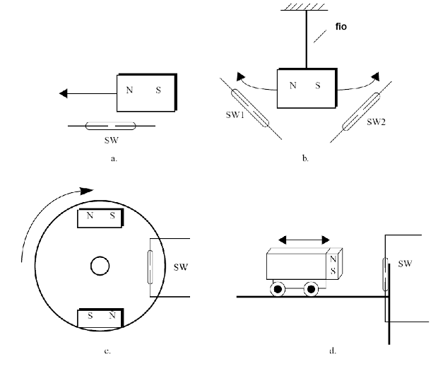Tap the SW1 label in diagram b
click(x=225, y=116)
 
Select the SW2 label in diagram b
click(x=377, y=122)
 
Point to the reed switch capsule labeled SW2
click(x=360, y=111)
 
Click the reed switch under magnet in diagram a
click(x=112, y=126)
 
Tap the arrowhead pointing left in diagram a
click(x=64, y=93)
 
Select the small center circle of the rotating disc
click(x=100, y=267)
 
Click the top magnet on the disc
click(x=100, y=218)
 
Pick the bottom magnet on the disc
click(x=100, y=318)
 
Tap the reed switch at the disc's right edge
click(x=150, y=267)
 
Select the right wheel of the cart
click(x=311, y=289)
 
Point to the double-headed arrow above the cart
click(x=302, y=240)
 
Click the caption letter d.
click(x=333, y=350)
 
